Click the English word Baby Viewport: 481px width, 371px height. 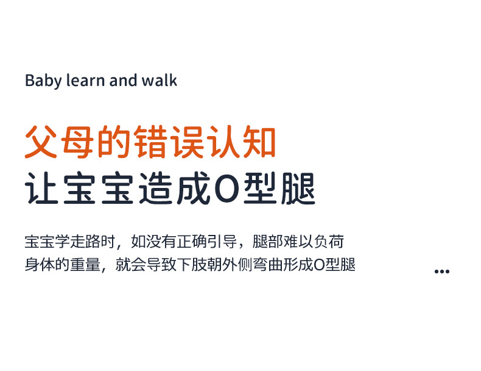(x=43, y=81)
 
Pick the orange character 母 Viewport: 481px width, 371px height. (x=79, y=143)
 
